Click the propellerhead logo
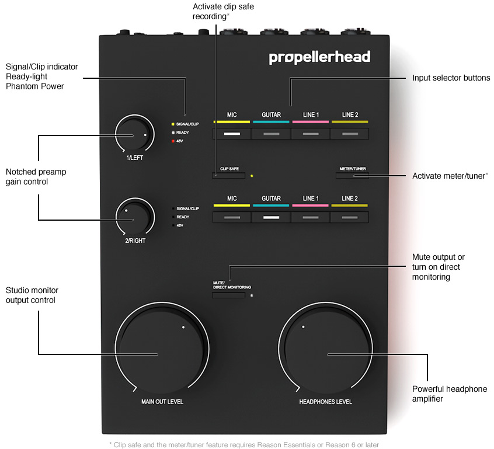point(319,58)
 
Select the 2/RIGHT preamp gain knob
point(135,217)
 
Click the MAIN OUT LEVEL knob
point(162,349)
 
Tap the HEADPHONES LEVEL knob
point(325,349)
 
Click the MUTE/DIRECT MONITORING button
point(229,295)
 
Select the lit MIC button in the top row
point(232,134)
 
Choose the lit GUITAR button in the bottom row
point(271,217)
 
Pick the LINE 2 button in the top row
point(350,134)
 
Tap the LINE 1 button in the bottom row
point(310,217)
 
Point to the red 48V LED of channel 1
point(173,141)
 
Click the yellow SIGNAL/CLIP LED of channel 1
point(173,124)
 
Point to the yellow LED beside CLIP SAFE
point(252,176)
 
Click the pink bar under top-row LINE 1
point(310,121)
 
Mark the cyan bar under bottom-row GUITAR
point(271,206)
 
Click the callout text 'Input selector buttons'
point(451,78)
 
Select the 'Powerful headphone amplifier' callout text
point(450,394)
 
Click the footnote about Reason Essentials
point(244,444)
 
